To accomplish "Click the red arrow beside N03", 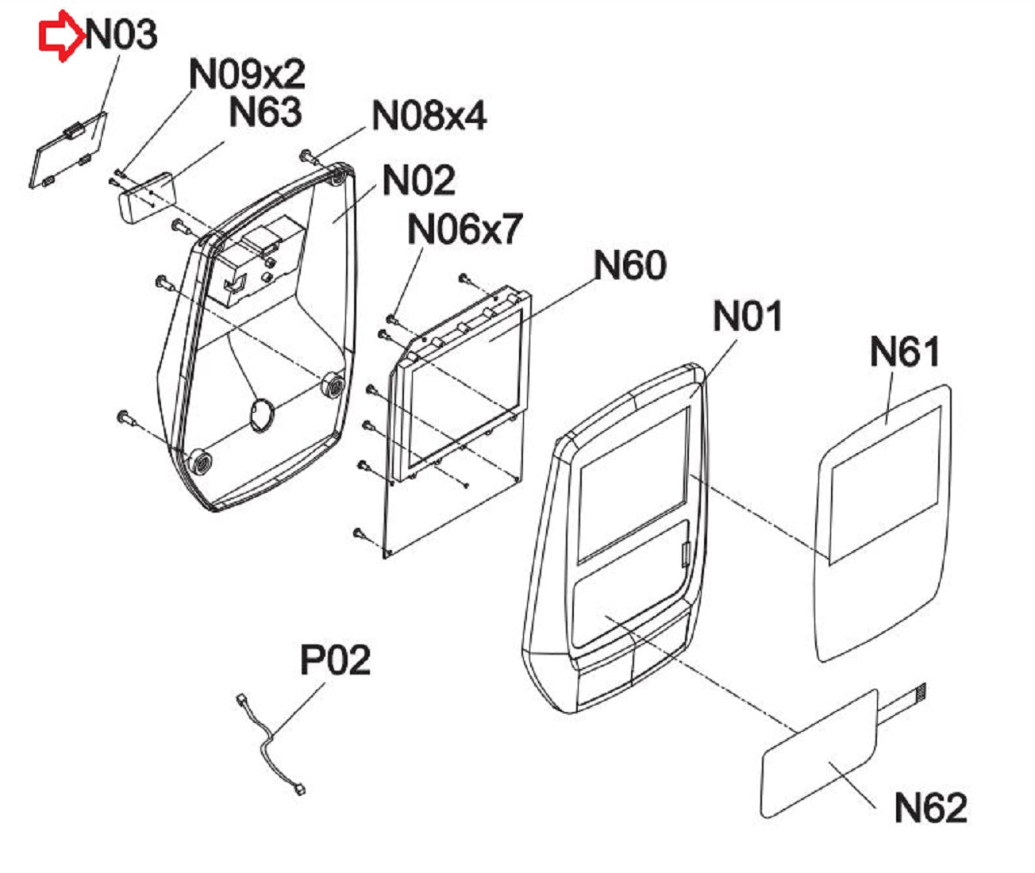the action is [61, 36].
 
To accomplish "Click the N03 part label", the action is [121, 35].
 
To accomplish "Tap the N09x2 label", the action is [247, 74].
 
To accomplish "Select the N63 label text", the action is [265, 112].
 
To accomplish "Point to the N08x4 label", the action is [429, 116].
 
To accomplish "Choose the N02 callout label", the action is [419, 180].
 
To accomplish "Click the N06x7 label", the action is [464, 229].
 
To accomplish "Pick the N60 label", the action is [630, 265].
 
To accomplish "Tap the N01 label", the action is [748, 316].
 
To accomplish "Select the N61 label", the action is [905, 352].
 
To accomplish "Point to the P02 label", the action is [335, 660].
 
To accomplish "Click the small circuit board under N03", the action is [68, 150].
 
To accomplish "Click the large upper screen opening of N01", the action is [633, 486].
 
